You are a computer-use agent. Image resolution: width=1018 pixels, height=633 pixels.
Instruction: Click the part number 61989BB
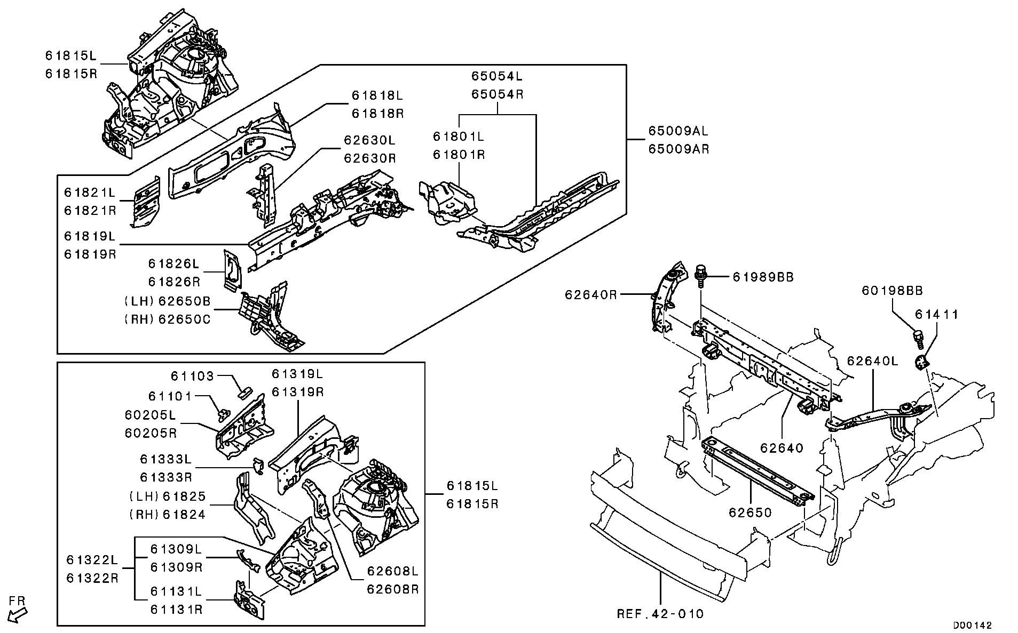pyautogui.click(x=763, y=277)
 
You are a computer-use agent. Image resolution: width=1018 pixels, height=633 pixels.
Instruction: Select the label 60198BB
pyautogui.click(x=892, y=291)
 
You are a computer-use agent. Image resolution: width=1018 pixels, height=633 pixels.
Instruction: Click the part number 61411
pyautogui.click(x=937, y=315)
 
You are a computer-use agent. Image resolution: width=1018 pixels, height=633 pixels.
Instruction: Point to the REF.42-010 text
pyautogui.click(x=660, y=614)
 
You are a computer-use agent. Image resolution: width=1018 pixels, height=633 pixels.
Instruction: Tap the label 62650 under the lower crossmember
pyautogui.click(x=751, y=513)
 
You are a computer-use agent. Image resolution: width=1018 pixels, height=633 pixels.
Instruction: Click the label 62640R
pyautogui.click(x=591, y=294)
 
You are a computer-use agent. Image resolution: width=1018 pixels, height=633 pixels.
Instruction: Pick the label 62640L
pyautogui.click(x=872, y=361)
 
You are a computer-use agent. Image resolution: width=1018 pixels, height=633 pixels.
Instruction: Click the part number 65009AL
pyautogui.click(x=678, y=131)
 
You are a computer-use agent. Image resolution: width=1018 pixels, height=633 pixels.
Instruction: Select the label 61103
pyautogui.click(x=192, y=376)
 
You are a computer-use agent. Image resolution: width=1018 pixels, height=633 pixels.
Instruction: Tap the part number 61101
pyautogui.click(x=170, y=396)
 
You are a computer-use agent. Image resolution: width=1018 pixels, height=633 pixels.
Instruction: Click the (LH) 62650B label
pyautogui.click(x=168, y=302)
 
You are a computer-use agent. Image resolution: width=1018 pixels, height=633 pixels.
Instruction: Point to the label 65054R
pyautogui.click(x=497, y=94)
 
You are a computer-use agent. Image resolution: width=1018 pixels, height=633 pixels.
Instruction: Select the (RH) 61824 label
pyautogui.click(x=168, y=515)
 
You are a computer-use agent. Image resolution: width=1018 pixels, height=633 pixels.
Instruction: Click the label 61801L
pyautogui.click(x=459, y=137)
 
